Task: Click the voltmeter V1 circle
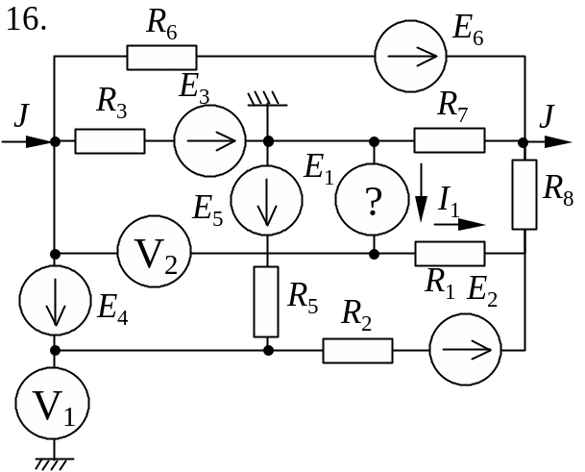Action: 55,408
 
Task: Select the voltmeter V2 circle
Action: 154,254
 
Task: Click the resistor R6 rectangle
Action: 161,57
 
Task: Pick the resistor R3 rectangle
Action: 110,142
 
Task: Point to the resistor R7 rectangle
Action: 450,142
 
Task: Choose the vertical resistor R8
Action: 524,194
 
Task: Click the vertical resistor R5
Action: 267,302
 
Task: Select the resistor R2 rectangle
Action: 357,350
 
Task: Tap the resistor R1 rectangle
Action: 450,254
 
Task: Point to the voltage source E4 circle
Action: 55,302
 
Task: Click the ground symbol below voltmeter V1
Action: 55,463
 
